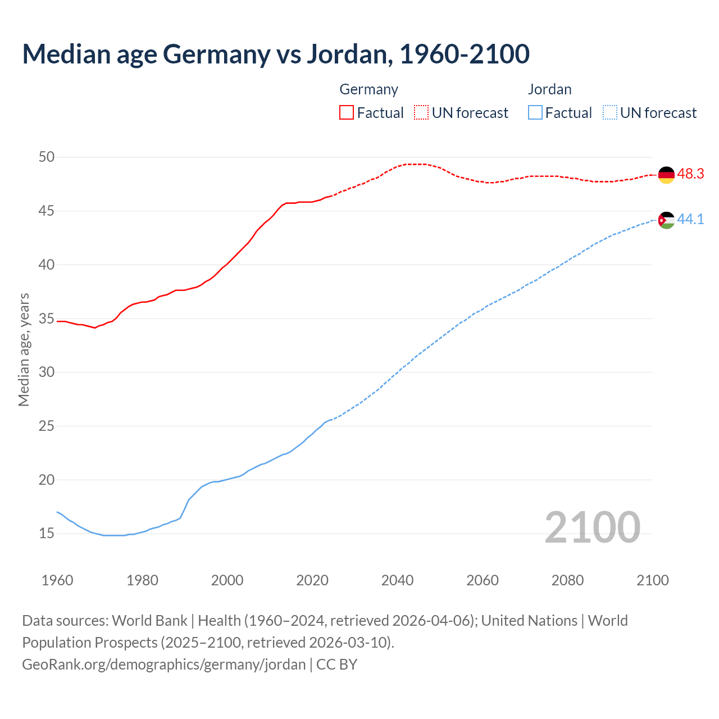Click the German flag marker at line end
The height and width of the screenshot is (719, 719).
(666, 175)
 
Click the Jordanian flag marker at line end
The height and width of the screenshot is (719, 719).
(666, 220)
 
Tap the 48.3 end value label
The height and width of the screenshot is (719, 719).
(690, 174)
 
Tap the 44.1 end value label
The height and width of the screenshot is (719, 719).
(690, 219)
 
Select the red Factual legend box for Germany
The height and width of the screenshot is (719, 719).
(347, 113)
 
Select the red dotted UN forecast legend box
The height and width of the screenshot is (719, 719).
(421, 113)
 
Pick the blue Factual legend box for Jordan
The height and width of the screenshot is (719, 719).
(535, 113)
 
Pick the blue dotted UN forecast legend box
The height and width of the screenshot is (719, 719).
(609, 113)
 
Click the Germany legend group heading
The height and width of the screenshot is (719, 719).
(368, 89)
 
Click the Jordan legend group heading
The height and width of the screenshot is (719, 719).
(549, 89)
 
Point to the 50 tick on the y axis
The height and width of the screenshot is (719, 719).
(47, 157)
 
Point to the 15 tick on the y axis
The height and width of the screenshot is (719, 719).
(47, 533)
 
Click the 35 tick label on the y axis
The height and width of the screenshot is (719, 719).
(47, 318)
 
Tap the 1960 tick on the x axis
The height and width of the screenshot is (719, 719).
(57, 580)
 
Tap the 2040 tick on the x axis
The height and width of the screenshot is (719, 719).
(397, 580)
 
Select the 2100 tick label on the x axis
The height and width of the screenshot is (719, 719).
(652, 580)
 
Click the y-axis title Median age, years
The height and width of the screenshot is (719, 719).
(24, 349)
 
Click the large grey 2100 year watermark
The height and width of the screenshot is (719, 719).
(592, 527)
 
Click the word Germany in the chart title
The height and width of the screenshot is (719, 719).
(216, 54)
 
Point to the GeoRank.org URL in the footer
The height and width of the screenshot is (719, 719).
(163, 665)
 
